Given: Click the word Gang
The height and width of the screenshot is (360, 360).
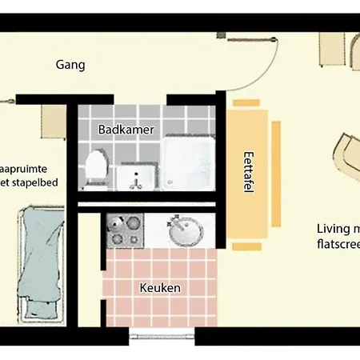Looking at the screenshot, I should pos(71,65).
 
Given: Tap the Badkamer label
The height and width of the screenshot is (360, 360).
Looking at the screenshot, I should pos(126,129).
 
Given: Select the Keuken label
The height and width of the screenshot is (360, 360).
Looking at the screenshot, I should pos(160,288).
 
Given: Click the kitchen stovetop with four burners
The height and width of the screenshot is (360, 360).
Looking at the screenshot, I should pos(125,230).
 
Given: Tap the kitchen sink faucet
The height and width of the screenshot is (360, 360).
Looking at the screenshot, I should pos(174,221).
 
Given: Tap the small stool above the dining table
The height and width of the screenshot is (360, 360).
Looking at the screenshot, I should pos(240,102).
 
